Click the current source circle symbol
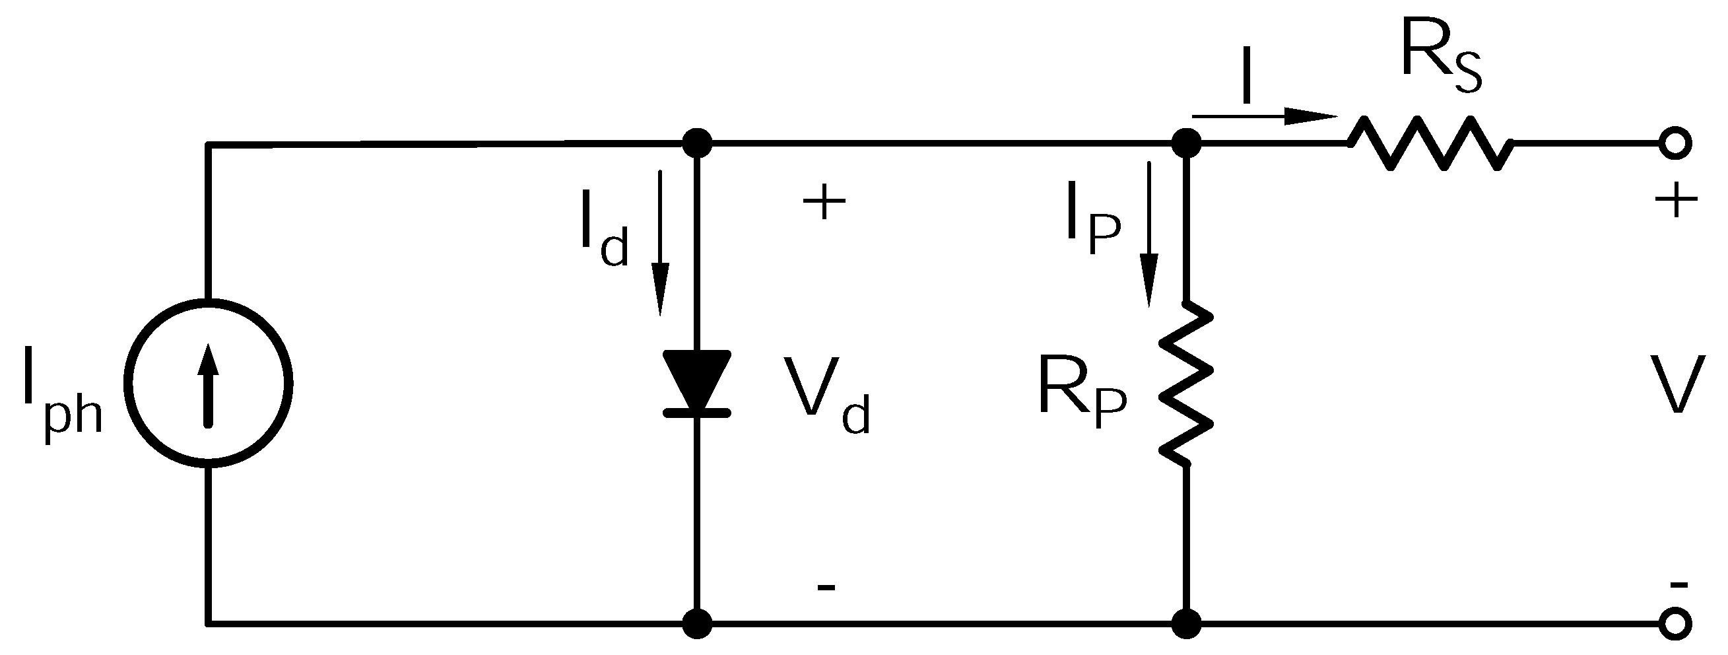click(x=209, y=384)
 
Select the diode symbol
click(x=696, y=382)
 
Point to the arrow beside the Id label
click(x=661, y=242)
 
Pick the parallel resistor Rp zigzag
click(x=1186, y=382)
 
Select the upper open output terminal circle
click(x=1675, y=143)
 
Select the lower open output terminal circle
click(x=1675, y=623)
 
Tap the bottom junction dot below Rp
click(x=1186, y=623)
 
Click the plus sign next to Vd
click(x=824, y=201)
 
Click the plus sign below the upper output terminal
click(x=1675, y=199)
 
